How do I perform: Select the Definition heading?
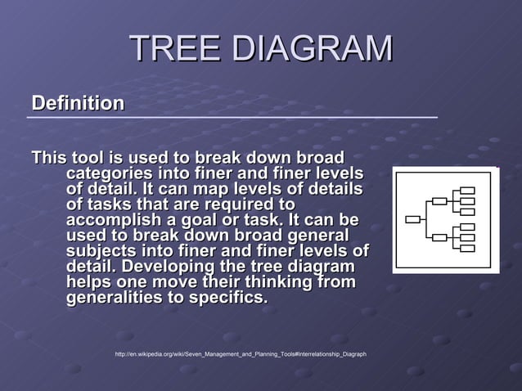click(x=78, y=104)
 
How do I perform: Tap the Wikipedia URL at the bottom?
click(x=241, y=354)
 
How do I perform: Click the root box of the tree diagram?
click(x=413, y=219)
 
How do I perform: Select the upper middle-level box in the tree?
click(x=439, y=200)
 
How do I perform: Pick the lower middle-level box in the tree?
click(x=439, y=237)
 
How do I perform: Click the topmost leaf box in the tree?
click(x=467, y=191)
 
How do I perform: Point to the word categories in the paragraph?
click(x=110, y=173)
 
